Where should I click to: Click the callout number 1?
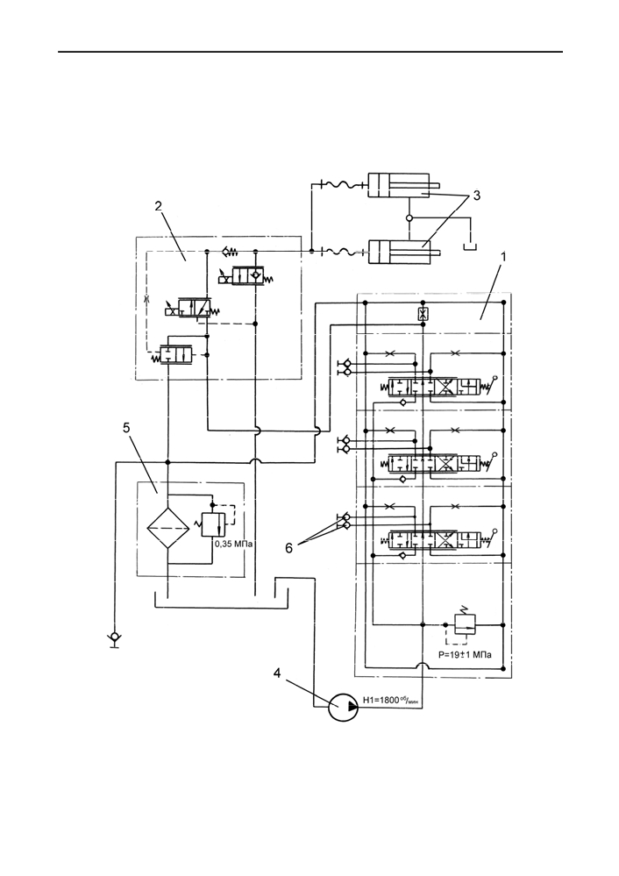(x=502, y=258)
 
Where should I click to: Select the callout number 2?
(x=158, y=206)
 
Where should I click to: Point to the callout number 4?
(x=277, y=673)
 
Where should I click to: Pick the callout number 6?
(x=288, y=548)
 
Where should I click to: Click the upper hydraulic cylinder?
(x=404, y=186)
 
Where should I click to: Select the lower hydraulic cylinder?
(x=404, y=252)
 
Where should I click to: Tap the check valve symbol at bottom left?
(x=115, y=637)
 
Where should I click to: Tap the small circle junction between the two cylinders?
(x=409, y=217)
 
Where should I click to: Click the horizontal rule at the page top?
(x=310, y=52)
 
